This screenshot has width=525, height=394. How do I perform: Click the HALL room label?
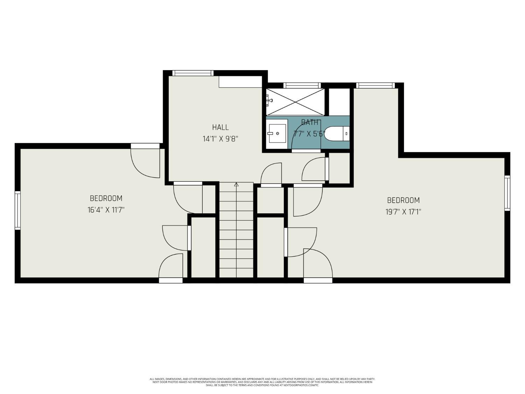coord(220,127)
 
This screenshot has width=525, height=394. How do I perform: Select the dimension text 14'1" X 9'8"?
coord(220,139)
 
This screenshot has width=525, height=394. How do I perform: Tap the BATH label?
coord(310,122)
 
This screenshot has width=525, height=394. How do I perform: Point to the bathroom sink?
coord(277,133)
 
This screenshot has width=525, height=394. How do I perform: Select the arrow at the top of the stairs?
coord(236,184)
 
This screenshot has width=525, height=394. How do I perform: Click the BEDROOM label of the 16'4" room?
coord(106,198)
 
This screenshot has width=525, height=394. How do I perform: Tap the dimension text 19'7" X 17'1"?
coord(403,212)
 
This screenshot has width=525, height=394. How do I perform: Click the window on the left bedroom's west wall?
coord(17,210)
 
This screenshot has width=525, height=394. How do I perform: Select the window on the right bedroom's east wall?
coord(507,193)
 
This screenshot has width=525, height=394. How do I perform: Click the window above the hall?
coord(193,73)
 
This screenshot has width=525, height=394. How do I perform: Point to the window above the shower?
coord(302,85)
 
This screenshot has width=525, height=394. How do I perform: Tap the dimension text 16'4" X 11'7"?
coord(106,210)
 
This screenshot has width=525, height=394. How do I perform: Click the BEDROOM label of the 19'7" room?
coord(403,200)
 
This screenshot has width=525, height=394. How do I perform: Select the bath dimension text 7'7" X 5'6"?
coord(309,134)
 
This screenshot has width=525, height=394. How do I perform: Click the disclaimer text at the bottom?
coord(262,382)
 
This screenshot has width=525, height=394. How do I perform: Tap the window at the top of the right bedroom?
coord(375,85)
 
